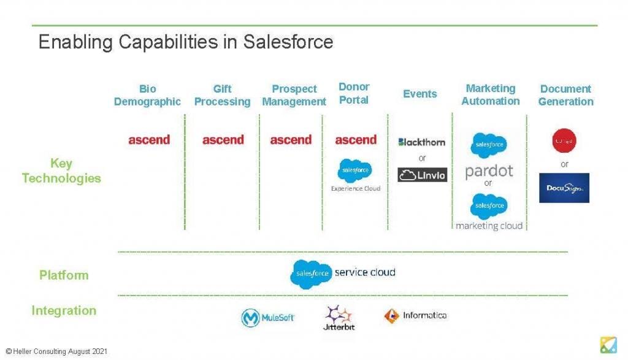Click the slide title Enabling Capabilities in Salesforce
(x=185, y=42)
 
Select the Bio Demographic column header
(x=147, y=95)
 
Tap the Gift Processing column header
(x=222, y=95)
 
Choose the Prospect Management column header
(x=294, y=95)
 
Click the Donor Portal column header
(x=354, y=93)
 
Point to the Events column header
(x=420, y=94)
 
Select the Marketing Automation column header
(x=490, y=94)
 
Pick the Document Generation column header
(x=565, y=95)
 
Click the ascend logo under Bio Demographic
(x=149, y=140)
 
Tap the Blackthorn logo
(x=422, y=142)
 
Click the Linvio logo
(x=422, y=175)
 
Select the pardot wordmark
(x=489, y=170)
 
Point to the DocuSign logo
(x=564, y=188)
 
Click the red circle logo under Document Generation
(x=564, y=140)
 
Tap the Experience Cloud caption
(x=356, y=188)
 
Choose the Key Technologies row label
(x=61, y=170)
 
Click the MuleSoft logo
(x=268, y=317)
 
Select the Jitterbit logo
(x=339, y=318)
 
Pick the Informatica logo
(x=415, y=316)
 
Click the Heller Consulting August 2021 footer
(x=56, y=351)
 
